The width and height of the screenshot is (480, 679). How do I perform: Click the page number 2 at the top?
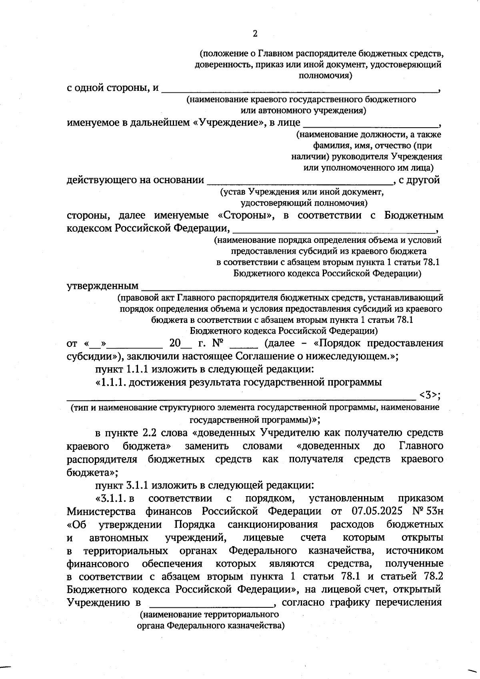(x=255, y=34)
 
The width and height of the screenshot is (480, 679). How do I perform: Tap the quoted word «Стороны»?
(x=246, y=215)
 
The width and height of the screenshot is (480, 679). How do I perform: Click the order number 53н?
(x=434, y=511)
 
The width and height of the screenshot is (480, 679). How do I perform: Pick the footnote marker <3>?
(x=429, y=395)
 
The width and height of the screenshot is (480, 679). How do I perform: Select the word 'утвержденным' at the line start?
(x=102, y=286)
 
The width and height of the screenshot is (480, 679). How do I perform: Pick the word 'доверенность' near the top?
(x=219, y=64)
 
